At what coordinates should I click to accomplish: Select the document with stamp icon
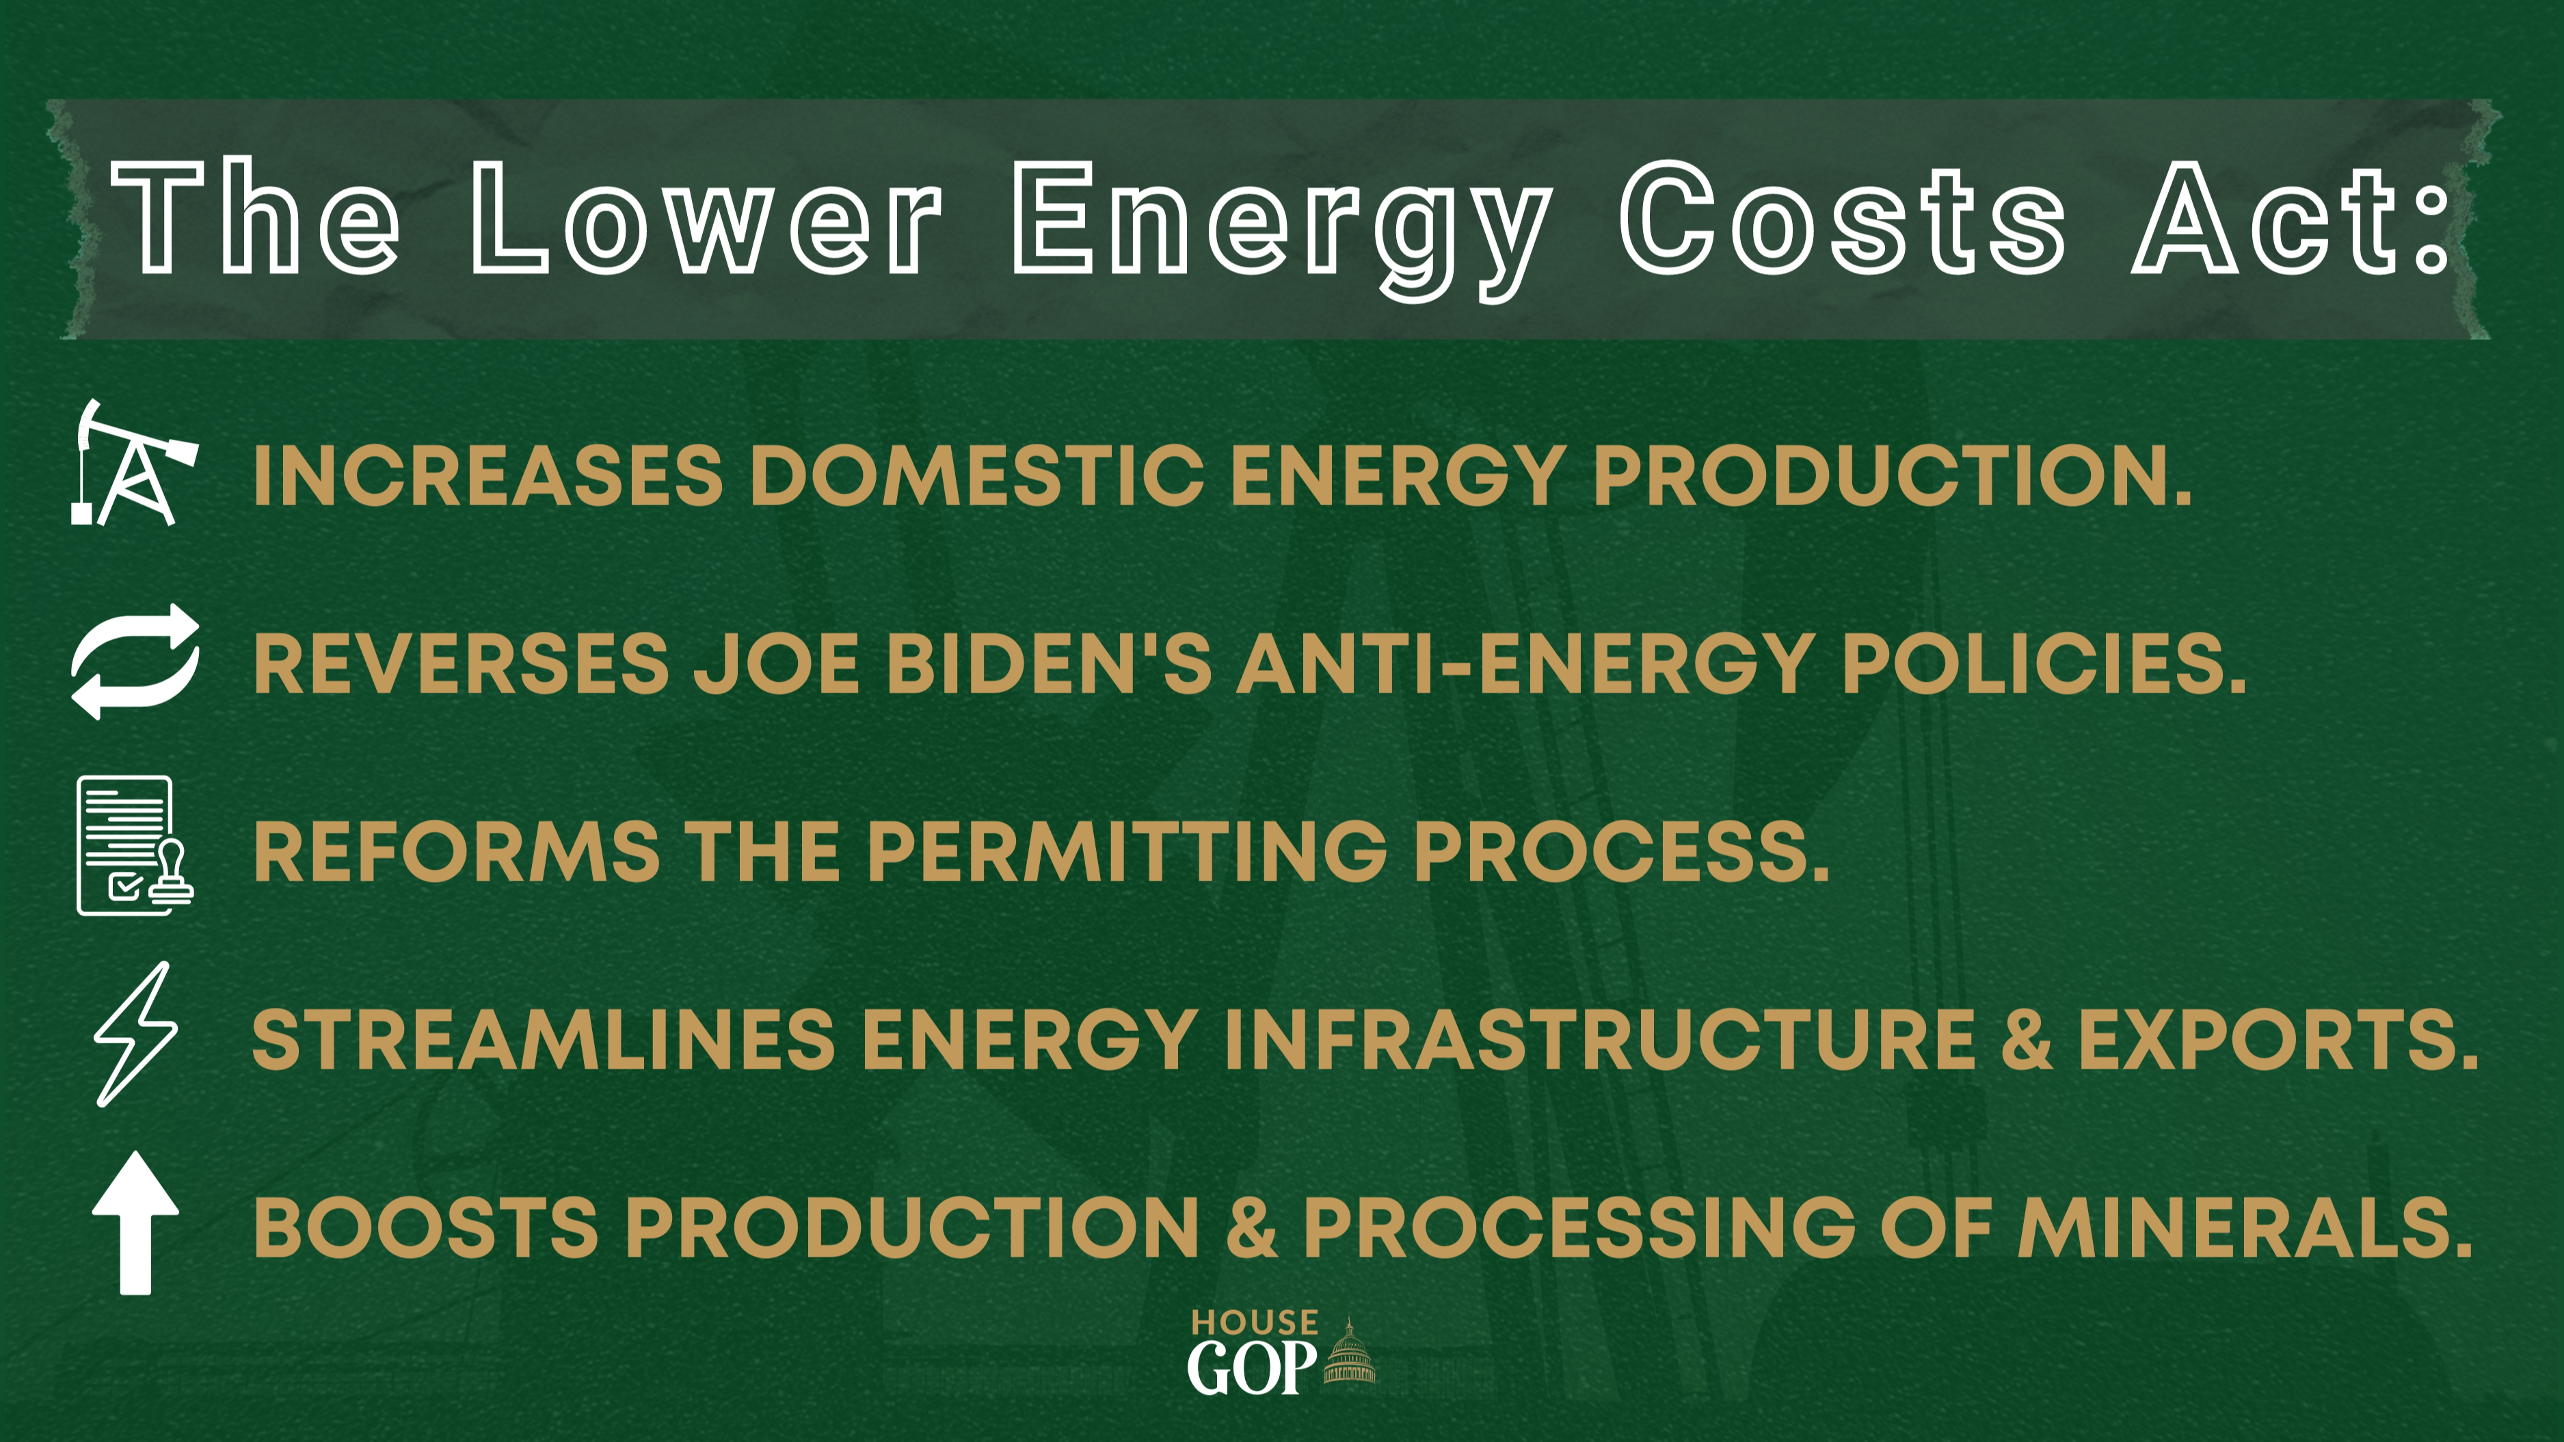(135, 845)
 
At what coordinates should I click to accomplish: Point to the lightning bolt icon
(135, 1034)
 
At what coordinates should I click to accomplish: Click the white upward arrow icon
(135, 1223)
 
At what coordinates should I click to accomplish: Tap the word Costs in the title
(1843, 217)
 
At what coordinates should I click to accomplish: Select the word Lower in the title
(706, 217)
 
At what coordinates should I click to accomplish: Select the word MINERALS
(2245, 1227)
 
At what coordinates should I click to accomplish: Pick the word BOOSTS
(426, 1227)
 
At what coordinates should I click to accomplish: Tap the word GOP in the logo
(1252, 1367)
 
